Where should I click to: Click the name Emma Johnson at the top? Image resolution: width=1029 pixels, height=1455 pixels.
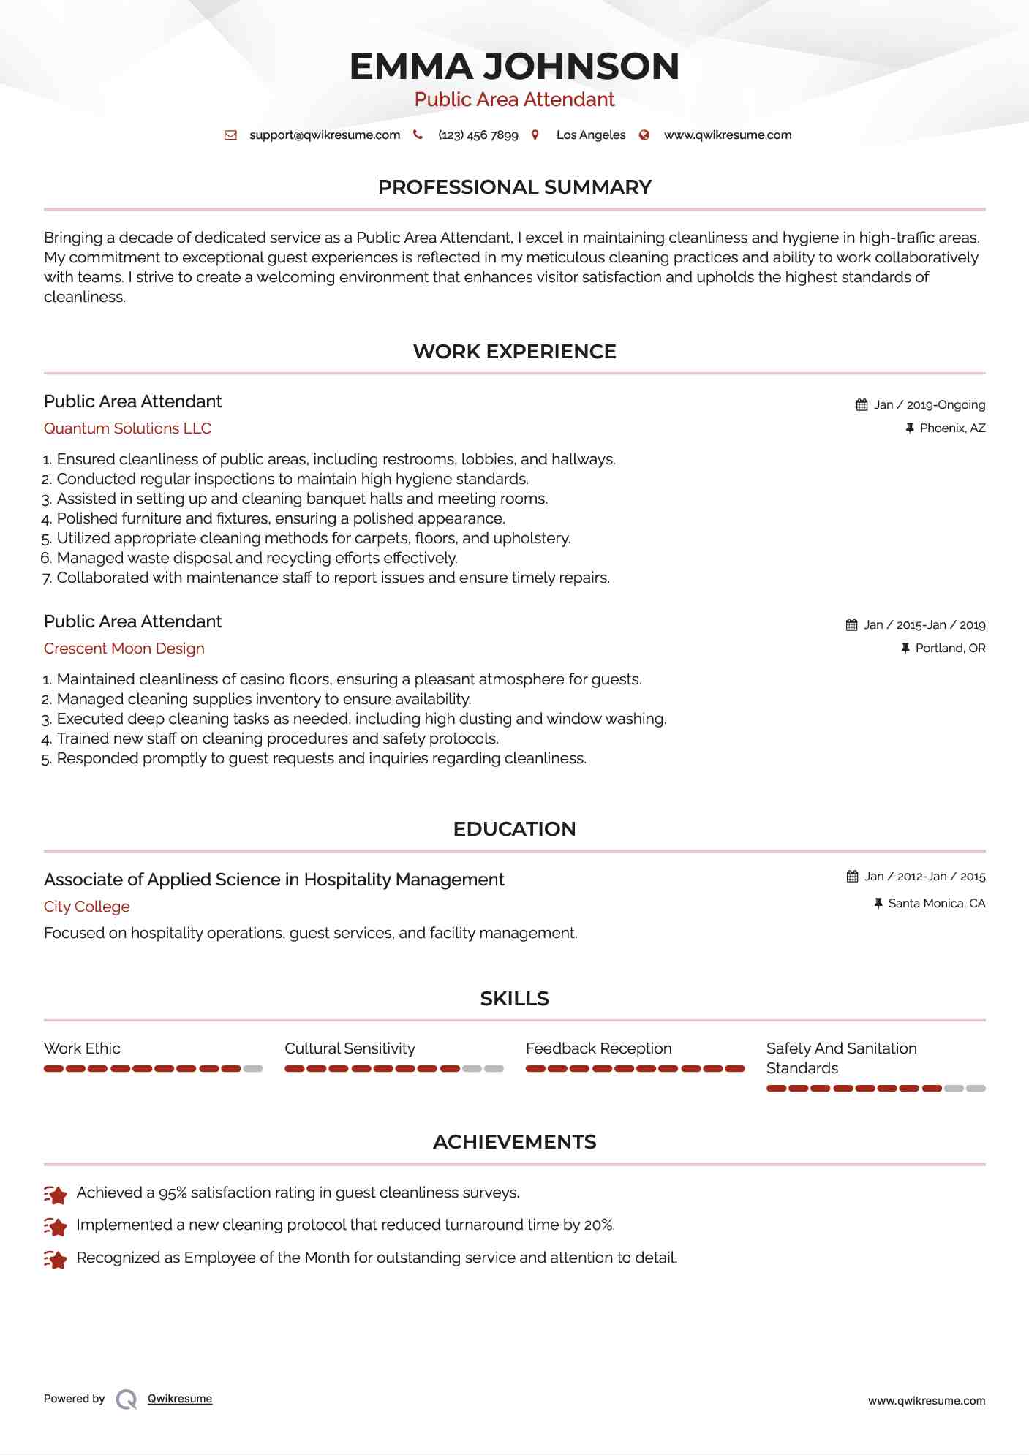click(x=514, y=67)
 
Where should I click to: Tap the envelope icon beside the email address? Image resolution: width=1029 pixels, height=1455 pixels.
click(x=230, y=135)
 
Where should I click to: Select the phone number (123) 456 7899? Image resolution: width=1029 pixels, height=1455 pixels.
click(x=478, y=135)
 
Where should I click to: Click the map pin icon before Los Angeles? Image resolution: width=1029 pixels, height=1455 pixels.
click(x=535, y=135)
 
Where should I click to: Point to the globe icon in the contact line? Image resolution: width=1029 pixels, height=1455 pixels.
click(x=644, y=135)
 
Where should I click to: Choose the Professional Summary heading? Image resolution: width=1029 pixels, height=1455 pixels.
click(x=514, y=187)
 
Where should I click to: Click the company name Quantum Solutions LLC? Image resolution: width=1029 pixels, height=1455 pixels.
click(x=127, y=428)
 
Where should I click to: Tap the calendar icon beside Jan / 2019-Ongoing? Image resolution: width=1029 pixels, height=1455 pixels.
click(x=862, y=405)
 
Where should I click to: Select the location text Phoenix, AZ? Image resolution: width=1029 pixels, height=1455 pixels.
click(x=952, y=428)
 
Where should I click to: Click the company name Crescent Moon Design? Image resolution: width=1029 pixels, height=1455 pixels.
click(x=124, y=649)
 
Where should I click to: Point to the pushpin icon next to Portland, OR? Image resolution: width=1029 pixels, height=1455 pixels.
click(x=905, y=649)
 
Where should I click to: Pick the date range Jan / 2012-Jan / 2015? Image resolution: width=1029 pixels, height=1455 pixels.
click(x=925, y=877)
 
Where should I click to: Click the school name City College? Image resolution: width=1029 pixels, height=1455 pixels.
click(x=87, y=907)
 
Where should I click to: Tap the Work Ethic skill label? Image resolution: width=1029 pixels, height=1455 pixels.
click(x=82, y=1048)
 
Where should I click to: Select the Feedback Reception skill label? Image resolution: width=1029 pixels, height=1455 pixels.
click(x=598, y=1048)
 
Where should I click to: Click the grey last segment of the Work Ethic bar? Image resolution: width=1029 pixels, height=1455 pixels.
click(x=253, y=1069)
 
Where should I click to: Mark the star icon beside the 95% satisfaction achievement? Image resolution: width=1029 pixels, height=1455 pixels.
click(x=56, y=1194)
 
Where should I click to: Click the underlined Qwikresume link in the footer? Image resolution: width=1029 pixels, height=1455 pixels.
click(x=180, y=1399)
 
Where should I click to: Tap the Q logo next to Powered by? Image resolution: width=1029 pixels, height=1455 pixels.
click(x=127, y=1399)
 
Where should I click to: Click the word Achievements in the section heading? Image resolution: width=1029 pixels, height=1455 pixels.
click(x=514, y=1142)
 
